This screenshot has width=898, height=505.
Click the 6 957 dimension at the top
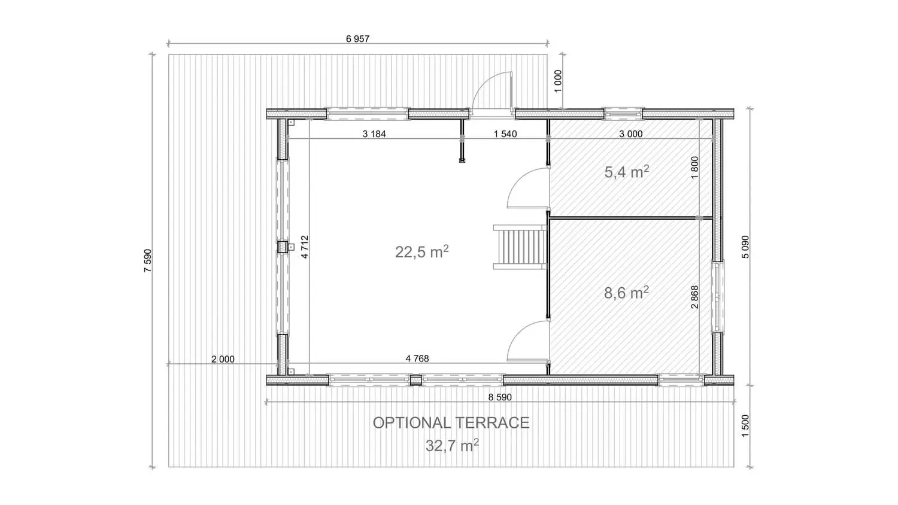357,39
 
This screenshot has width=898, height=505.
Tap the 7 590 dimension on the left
148,261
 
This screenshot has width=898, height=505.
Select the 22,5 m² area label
421,252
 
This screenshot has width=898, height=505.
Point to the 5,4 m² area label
627,172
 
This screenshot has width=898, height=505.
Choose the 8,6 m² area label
627,293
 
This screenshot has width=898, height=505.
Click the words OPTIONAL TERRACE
451,423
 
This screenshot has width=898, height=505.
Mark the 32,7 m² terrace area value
452,445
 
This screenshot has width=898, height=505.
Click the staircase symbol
520,247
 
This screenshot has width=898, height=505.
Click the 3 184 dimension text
374,134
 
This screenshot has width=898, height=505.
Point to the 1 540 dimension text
505,134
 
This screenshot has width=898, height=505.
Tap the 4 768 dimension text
417,358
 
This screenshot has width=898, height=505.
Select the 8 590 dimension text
500,397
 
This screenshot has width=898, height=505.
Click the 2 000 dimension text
223,359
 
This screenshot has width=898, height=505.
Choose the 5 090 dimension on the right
745,247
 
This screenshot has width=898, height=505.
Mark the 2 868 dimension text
694,297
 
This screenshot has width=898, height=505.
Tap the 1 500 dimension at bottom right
745,426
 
